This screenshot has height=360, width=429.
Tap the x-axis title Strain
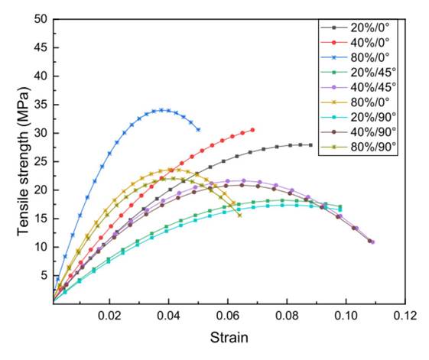pos(228,336)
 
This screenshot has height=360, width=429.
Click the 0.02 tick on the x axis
pos(111,315)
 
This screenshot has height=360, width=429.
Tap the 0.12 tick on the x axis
pos(405,315)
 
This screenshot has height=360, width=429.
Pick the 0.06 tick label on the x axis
pos(228,315)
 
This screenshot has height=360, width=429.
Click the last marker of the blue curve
pos(198,129)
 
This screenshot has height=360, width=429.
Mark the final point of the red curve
pos(252,130)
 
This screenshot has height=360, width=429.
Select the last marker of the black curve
pos(310,145)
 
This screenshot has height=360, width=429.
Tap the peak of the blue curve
pos(161,110)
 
